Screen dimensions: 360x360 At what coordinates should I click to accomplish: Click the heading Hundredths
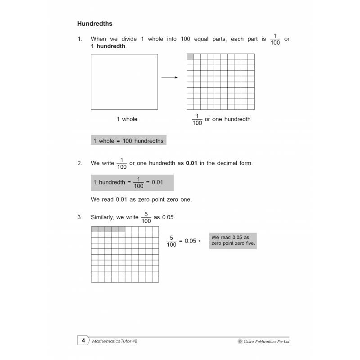point(95,23)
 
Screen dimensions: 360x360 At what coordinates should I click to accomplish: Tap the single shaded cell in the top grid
point(190,57)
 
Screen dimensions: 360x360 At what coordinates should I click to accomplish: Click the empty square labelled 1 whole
point(124,81)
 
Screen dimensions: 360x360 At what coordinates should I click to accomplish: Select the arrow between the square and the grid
point(169,77)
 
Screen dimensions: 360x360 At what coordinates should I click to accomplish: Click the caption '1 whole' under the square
point(127,119)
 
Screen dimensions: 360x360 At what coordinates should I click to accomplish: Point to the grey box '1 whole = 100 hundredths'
point(128,141)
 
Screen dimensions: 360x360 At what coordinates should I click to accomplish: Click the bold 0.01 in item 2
point(192,163)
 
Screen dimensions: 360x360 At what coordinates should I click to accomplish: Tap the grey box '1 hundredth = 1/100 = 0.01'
point(132,182)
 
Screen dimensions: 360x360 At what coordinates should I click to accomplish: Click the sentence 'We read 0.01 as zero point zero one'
point(141,199)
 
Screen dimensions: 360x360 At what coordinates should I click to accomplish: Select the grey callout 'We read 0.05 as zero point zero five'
point(233,240)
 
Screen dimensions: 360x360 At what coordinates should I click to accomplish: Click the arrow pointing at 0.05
point(203,241)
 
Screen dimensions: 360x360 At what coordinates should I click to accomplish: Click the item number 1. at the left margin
point(80,39)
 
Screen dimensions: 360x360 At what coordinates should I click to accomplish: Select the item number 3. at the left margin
point(80,217)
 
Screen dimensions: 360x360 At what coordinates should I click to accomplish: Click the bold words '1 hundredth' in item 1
point(108,46)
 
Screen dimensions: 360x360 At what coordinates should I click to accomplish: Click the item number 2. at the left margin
point(80,163)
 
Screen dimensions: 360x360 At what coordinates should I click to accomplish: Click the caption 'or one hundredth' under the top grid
point(228,119)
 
